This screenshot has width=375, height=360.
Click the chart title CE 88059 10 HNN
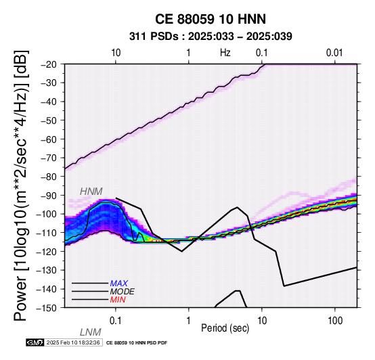211,19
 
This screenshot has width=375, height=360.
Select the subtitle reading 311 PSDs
154,37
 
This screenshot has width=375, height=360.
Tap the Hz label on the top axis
225,53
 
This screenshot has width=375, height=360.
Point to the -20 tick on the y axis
49,64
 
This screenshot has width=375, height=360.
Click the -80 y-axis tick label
49,177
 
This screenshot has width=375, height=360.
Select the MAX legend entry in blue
119,284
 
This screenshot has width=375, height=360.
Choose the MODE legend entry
123,292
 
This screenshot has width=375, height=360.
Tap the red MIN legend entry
118,300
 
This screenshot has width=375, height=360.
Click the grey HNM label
91,192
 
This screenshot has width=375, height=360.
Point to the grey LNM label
91,332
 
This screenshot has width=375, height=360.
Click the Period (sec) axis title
225,328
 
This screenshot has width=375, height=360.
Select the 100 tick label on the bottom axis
335,321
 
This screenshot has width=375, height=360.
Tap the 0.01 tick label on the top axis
334,53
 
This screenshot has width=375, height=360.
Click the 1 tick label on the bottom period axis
189,321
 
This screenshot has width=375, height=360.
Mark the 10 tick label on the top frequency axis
116,53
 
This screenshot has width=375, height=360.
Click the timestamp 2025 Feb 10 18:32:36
73,342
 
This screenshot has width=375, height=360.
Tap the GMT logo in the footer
35,342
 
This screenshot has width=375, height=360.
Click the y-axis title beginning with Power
21,185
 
